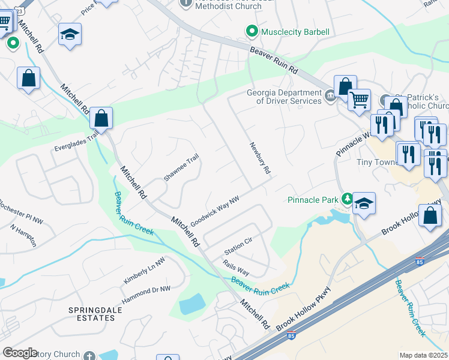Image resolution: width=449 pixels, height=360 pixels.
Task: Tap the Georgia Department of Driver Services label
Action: (x=284, y=97)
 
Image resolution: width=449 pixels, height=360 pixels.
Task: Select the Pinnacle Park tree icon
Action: (x=346, y=199)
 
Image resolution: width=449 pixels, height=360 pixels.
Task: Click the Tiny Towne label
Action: (x=373, y=162)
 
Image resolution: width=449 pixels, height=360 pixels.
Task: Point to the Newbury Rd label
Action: (x=260, y=158)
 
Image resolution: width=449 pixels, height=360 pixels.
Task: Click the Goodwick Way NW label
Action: (x=215, y=212)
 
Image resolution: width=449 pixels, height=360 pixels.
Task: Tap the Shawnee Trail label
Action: (x=181, y=167)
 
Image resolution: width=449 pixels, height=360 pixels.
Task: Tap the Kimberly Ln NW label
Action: (x=144, y=271)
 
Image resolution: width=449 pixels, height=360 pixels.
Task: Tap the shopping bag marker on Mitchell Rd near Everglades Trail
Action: (x=101, y=118)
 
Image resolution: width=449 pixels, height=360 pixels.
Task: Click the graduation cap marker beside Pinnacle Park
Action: (x=364, y=203)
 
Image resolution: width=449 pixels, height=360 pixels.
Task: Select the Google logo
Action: (x=20, y=352)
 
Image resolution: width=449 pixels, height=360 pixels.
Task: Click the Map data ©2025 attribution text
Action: (x=423, y=355)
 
